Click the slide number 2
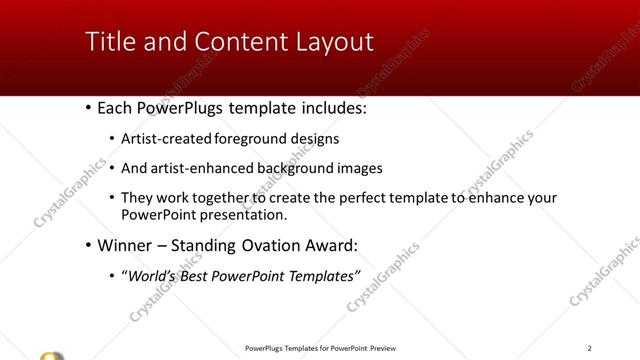(x=590, y=347)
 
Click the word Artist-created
(x=164, y=139)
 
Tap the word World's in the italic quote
(x=152, y=274)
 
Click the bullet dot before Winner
(x=89, y=245)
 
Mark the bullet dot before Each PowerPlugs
(x=89, y=105)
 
